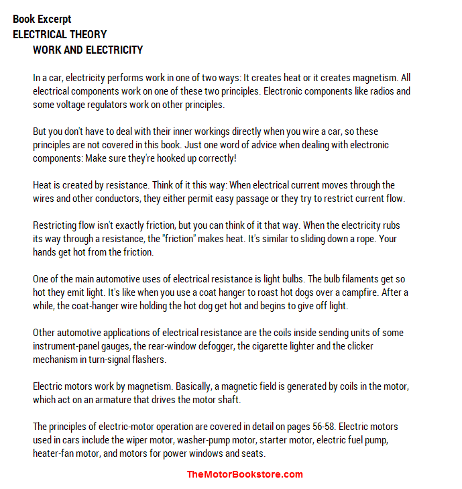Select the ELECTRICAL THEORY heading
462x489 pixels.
tap(60, 34)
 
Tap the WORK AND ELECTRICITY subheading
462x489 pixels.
tap(88, 50)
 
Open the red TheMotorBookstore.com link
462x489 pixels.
tap(245, 474)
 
